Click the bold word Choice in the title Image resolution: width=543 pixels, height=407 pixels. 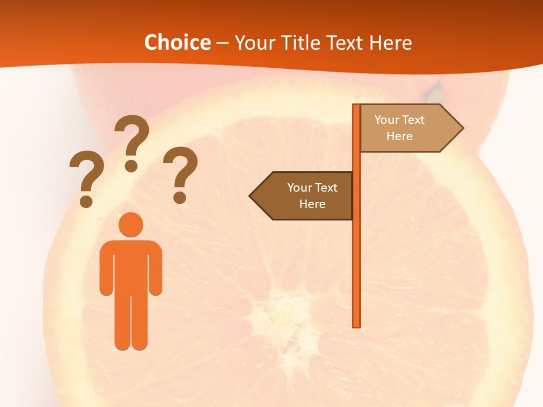point(177,43)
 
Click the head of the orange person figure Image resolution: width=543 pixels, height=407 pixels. point(131,224)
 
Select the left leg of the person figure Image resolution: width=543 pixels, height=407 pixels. point(122,322)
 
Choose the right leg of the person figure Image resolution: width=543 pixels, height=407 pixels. point(140,322)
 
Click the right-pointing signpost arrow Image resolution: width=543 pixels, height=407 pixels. point(407,128)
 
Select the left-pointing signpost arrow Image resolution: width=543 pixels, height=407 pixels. point(305,196)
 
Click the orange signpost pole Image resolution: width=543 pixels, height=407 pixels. point(356,254)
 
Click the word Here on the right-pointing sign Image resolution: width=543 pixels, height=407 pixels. point(399,136)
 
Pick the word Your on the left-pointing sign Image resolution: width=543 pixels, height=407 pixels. point(299,188)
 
